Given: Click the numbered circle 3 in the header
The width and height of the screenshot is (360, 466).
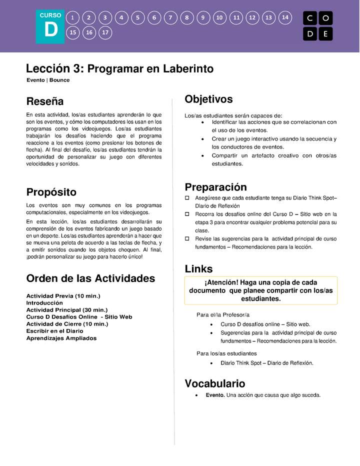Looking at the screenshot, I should click(105, 17).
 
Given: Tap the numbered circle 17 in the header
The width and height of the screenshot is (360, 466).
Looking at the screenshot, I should click(105, 33).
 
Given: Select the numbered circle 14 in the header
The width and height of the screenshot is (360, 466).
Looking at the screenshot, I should click(285, 17).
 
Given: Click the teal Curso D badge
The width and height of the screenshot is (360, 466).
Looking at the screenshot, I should click(50, 26).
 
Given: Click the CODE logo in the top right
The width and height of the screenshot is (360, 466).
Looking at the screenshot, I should click(317, 26).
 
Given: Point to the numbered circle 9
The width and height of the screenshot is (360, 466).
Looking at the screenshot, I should click(203, 17).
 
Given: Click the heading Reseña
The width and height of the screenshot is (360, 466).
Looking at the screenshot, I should click(45, 101).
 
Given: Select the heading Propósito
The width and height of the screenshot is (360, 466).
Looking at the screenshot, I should click(51, 192).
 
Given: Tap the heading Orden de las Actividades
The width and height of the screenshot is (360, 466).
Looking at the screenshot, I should click(90, 278).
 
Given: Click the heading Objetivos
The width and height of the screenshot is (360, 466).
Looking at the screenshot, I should click(208, 99).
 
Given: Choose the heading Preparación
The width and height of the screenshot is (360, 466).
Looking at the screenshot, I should click(215, 187).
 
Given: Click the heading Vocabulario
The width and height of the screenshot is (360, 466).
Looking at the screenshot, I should click(215, 383).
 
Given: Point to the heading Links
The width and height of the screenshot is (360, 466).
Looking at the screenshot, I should click(198, 269).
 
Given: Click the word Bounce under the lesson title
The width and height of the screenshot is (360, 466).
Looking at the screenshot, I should click(59, 80).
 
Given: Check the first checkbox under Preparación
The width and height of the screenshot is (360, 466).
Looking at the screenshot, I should click(187, 198).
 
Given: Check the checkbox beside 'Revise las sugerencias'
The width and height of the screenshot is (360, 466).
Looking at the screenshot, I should click(187, 239).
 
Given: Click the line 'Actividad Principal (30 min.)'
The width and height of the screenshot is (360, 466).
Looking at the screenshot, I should click(66, 310).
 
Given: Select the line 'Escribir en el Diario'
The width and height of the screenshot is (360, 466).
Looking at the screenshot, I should click(54, 331).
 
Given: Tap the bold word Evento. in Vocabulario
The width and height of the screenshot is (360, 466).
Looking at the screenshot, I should click(215, 395).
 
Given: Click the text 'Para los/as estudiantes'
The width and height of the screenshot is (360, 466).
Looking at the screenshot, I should click(226, 353).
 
